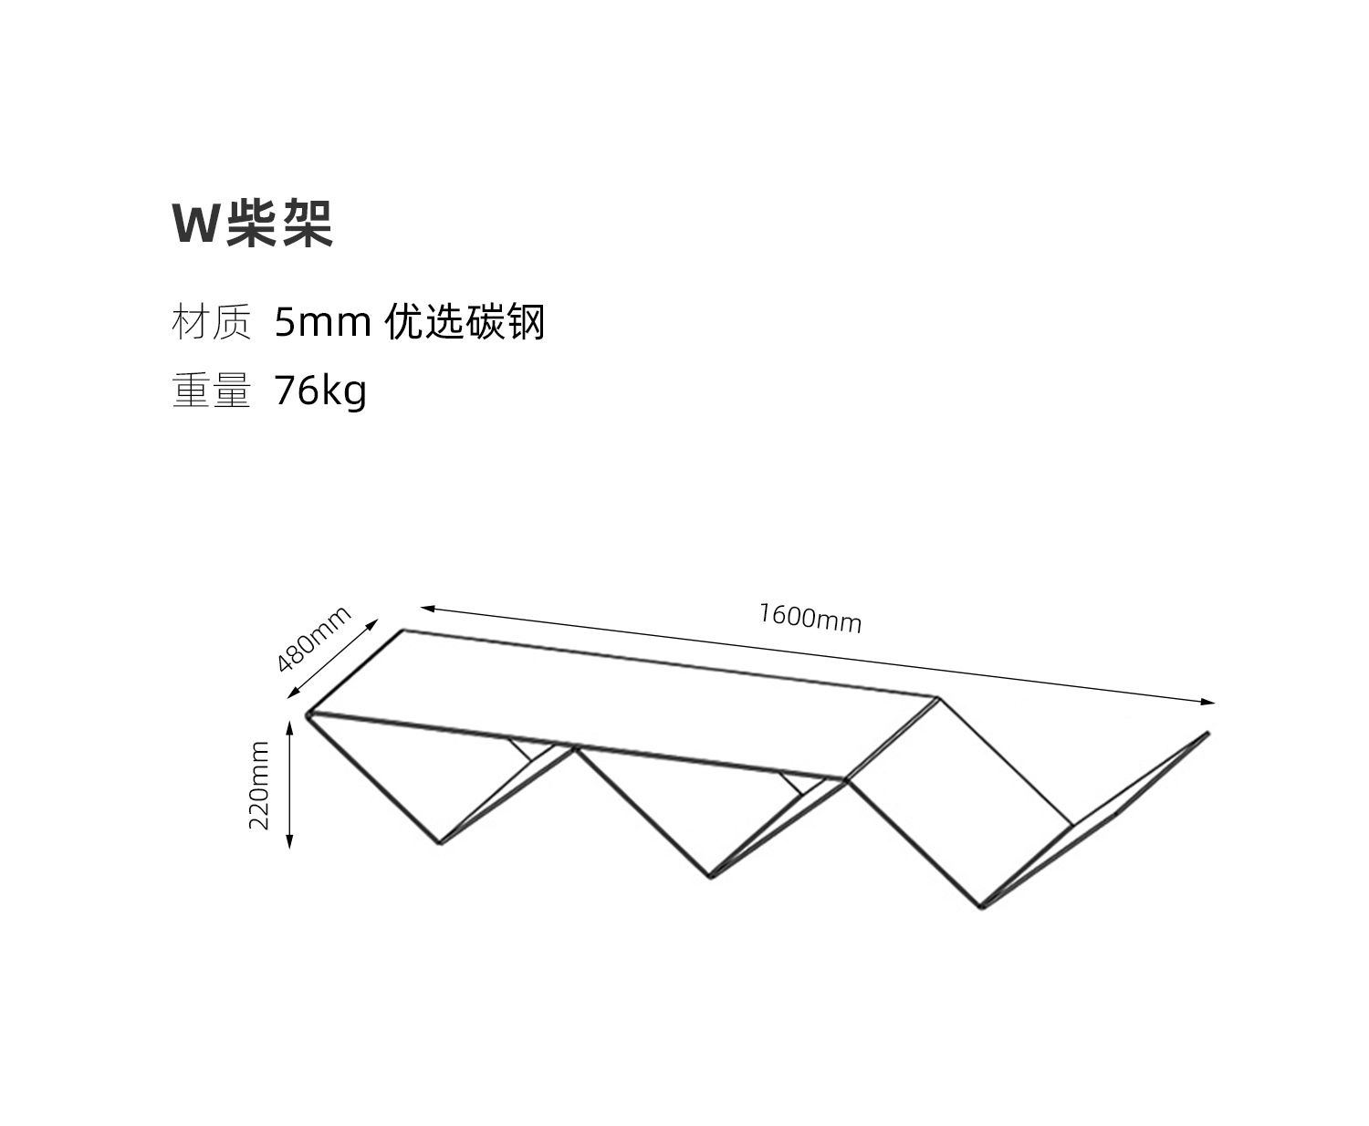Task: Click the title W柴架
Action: tap(253, 223)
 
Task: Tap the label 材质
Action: tap(212, 321)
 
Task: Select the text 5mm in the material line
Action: tap(322, 322)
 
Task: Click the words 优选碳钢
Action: tap(465, 321)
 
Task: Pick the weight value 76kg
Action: tap(320, 391)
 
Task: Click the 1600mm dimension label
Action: tap(810, 618)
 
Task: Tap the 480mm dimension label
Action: tap(314, 639)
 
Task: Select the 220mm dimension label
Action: tap(259, 785)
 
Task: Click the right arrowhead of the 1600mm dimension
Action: tap(1208, 702)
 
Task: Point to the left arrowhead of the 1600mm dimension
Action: tap(427, 608)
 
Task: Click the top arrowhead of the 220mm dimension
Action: tap(289, 727)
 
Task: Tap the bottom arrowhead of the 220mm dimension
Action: tap(289, 841)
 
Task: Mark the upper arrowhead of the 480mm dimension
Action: tap(372, 624)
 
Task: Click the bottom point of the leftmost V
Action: tap(440, 844)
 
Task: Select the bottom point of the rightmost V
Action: tap(982, 908)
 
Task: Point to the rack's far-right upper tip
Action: tap(1208, 733)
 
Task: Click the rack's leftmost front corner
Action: tap(307, 715)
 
